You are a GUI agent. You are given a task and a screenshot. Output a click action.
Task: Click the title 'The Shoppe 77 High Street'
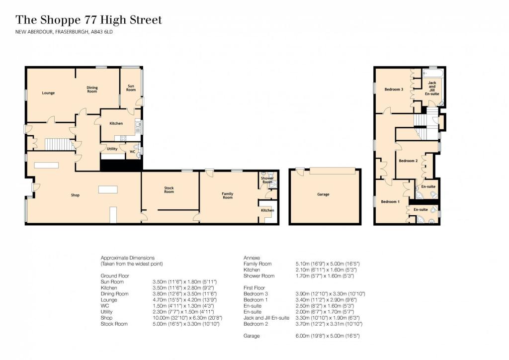tap(89, 20)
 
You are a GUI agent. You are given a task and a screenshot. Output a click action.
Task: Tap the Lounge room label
tap(48, 93)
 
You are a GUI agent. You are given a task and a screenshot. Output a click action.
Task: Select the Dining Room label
tap(92, 90)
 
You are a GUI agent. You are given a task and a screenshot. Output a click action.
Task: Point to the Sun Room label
tap(131, 88)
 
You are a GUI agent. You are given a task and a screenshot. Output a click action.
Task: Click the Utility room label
tap(112, 149)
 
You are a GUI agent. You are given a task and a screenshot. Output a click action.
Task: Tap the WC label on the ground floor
tap(132, 151)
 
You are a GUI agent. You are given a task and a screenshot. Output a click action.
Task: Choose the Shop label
tap(75, 195)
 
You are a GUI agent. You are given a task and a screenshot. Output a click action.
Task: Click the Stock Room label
tap(169, 189)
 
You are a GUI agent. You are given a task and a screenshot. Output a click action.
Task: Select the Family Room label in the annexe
tap(227, 195)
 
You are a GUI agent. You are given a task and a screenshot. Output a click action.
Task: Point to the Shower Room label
tap(267, 180)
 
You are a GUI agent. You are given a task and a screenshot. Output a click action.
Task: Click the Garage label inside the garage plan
tap(323, 194)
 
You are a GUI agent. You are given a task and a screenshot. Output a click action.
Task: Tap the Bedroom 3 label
tap(394, 90)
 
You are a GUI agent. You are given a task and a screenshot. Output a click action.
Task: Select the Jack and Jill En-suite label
tap(432, 88)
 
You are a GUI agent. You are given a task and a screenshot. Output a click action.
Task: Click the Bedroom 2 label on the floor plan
tap(408, 161)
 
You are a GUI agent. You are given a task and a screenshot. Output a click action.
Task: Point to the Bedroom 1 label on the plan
tap(390, 201)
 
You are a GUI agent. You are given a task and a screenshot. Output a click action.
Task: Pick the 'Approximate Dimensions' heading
tap(128, 258)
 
